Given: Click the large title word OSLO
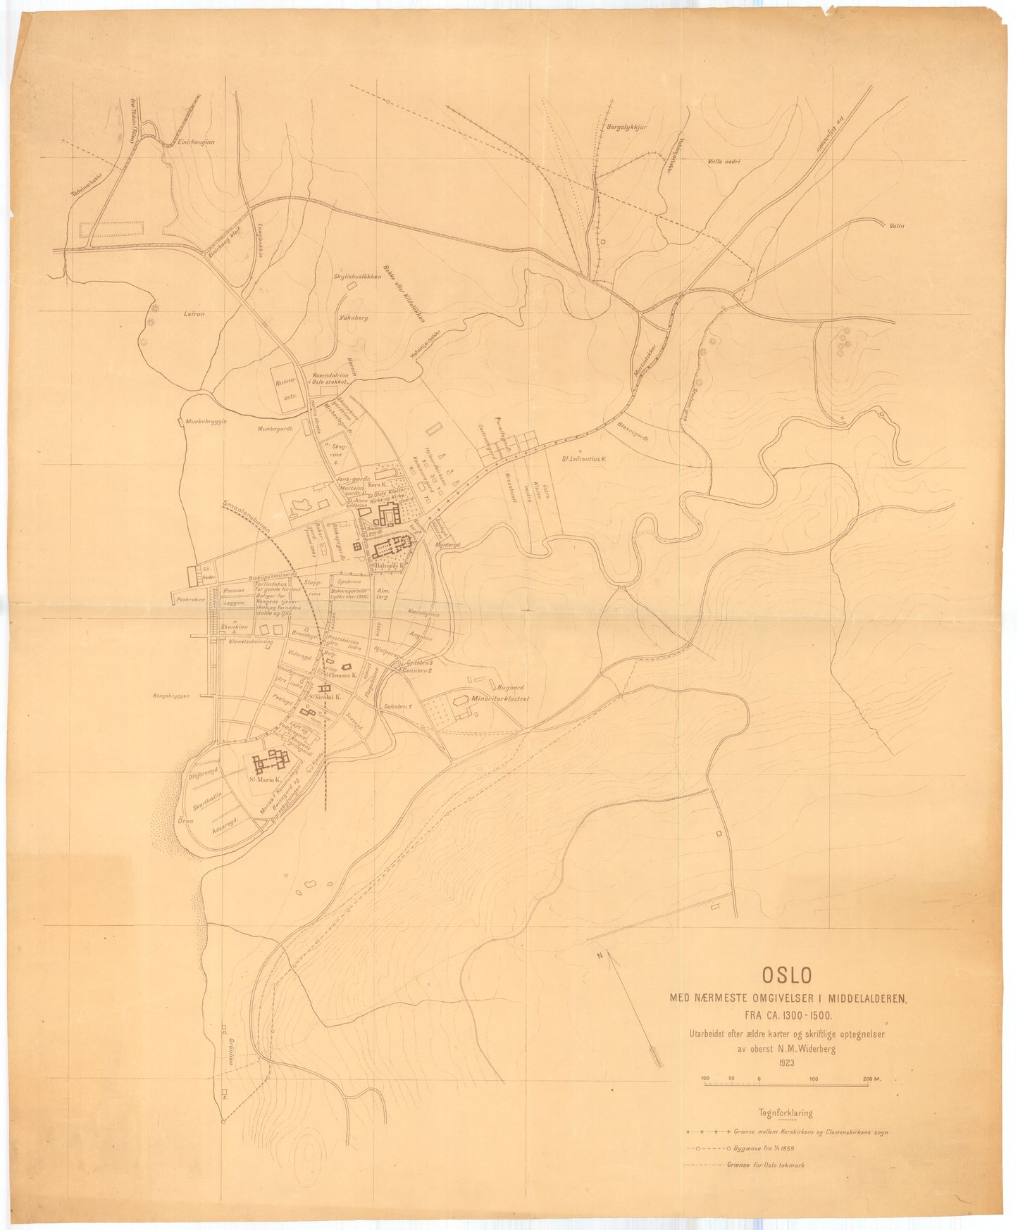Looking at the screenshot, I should click(786, 974).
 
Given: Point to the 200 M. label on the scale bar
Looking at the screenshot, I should click(876, 1079).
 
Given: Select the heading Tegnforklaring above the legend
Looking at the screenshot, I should click(785, 1114).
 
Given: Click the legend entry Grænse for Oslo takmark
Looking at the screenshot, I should click(765, 1165).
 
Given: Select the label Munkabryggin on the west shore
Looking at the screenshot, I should click(206, 421).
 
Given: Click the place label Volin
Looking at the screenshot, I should click(896, 226).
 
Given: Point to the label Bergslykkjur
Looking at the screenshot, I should click(626, 127).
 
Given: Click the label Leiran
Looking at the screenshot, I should click(193, 314).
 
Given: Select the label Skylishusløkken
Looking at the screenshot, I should click(357, 276).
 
